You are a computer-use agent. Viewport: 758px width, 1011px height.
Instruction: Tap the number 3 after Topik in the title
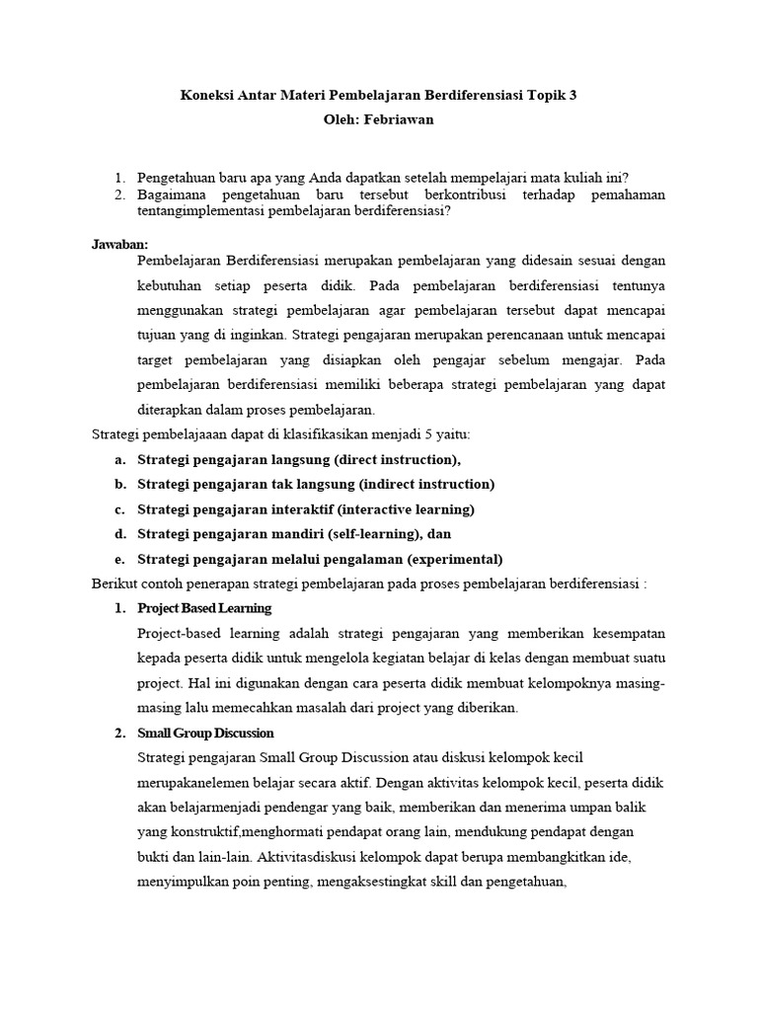[572, 96]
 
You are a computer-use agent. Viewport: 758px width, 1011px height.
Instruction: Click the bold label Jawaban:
[119, 243]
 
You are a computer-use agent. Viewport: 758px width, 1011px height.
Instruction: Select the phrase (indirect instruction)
[427, 484]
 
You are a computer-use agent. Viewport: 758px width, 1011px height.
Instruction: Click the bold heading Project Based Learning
[204, 607]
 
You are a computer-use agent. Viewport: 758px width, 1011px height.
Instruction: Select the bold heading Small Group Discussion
[206, 733]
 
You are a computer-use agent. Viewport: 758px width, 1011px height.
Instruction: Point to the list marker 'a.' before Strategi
[119, 459]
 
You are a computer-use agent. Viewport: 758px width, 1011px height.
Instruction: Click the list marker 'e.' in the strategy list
[119, 559]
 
